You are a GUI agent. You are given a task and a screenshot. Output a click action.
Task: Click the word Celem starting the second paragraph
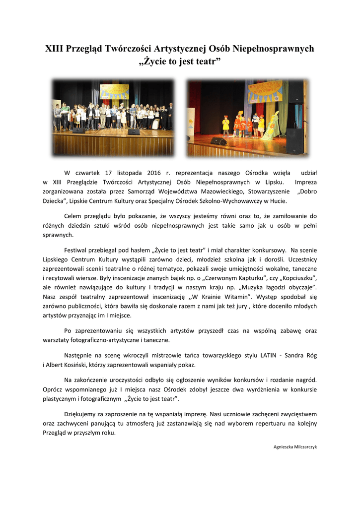point(75,216)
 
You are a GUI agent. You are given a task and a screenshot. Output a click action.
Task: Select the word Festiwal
point(79,250)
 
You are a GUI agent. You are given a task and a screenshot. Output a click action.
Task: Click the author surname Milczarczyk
point(303,447)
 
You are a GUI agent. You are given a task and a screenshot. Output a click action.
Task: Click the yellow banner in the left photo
point(114,92)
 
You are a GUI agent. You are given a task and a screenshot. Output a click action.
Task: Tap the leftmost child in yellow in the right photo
point(226,124)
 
